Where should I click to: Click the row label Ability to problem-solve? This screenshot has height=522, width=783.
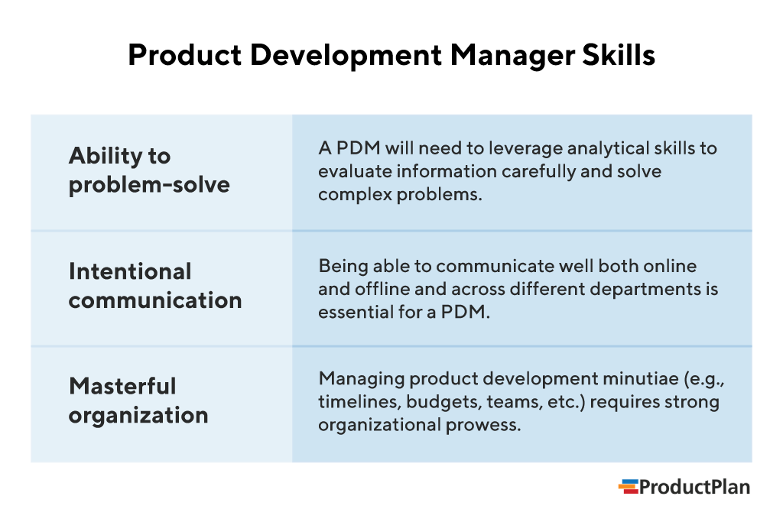click(149, 170)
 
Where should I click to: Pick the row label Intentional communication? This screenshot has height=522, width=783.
click(155, 285)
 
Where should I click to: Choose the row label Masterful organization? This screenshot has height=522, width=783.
click(138, 400)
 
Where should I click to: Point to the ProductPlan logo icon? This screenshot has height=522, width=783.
click(628, 487)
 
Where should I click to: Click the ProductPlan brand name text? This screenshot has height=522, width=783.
click(694, 487)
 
